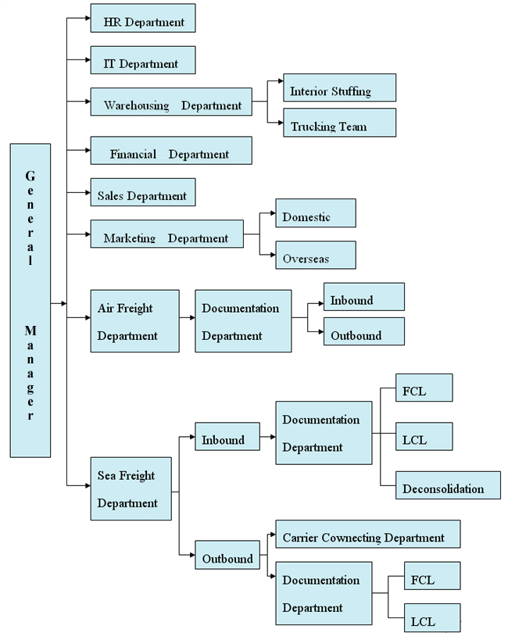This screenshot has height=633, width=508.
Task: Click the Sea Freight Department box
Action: (131, 488)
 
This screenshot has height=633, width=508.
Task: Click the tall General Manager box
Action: (30, 301)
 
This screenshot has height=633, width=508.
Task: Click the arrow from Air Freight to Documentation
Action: (188, 318)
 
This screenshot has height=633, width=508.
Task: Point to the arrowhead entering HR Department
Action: (87, 19)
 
